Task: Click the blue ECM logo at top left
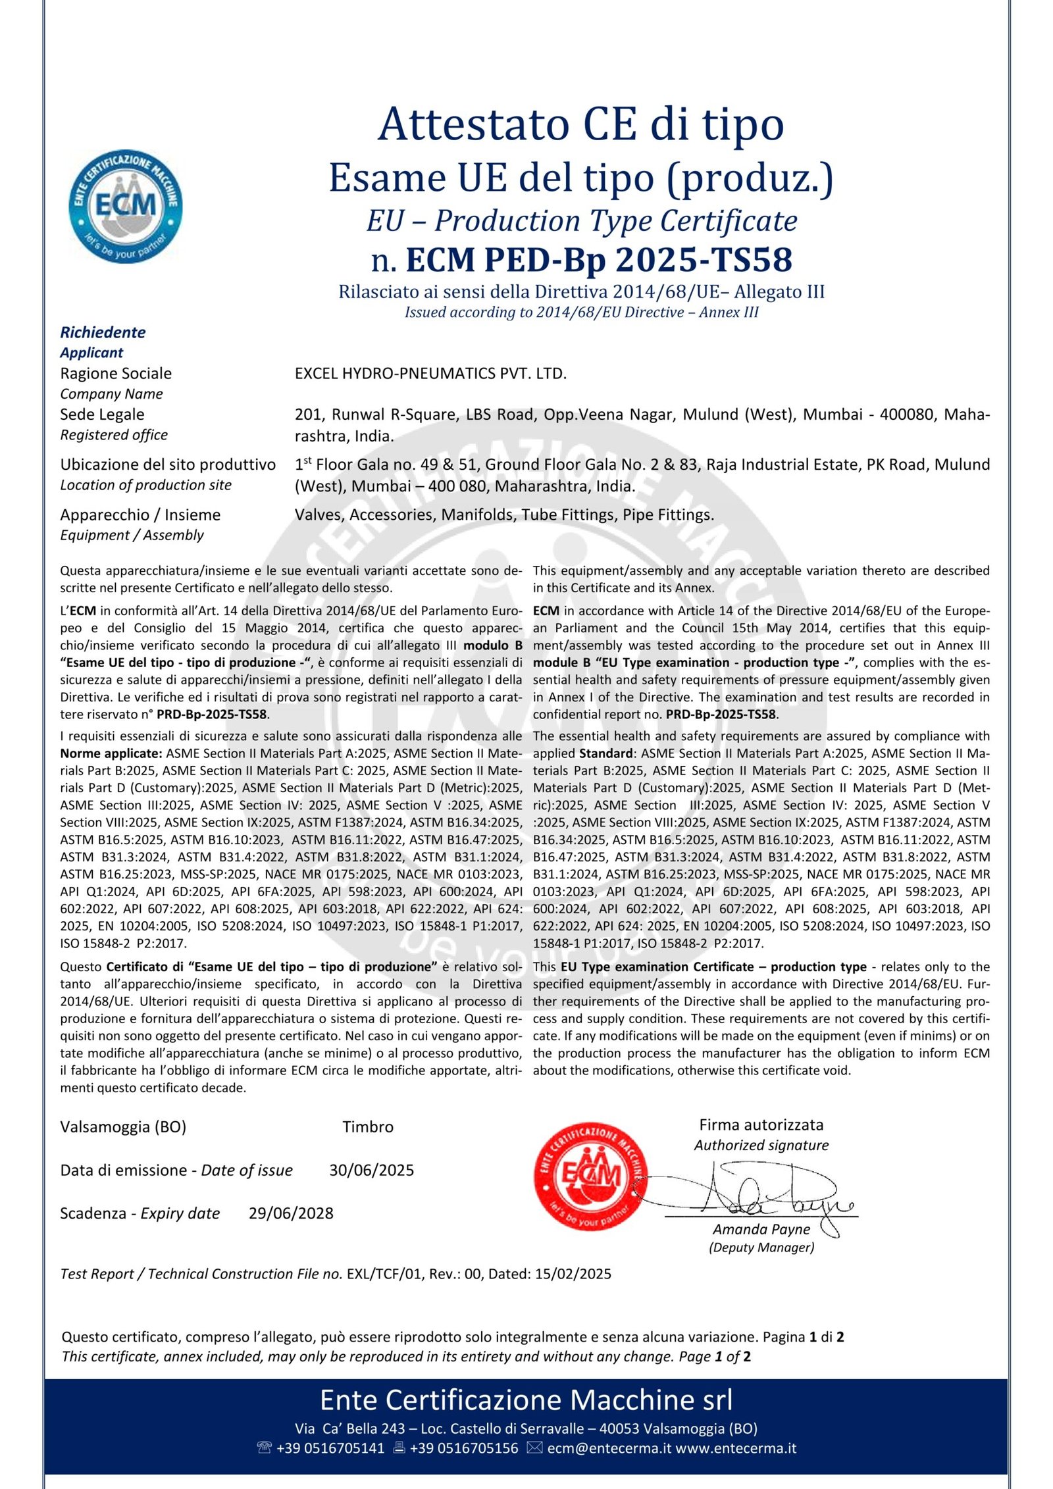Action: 126,206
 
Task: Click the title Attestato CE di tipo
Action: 581,124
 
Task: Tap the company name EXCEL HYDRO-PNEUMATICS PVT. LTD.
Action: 430,374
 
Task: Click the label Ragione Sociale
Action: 116,374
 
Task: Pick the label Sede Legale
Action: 102,415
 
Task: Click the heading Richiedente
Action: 103,332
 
